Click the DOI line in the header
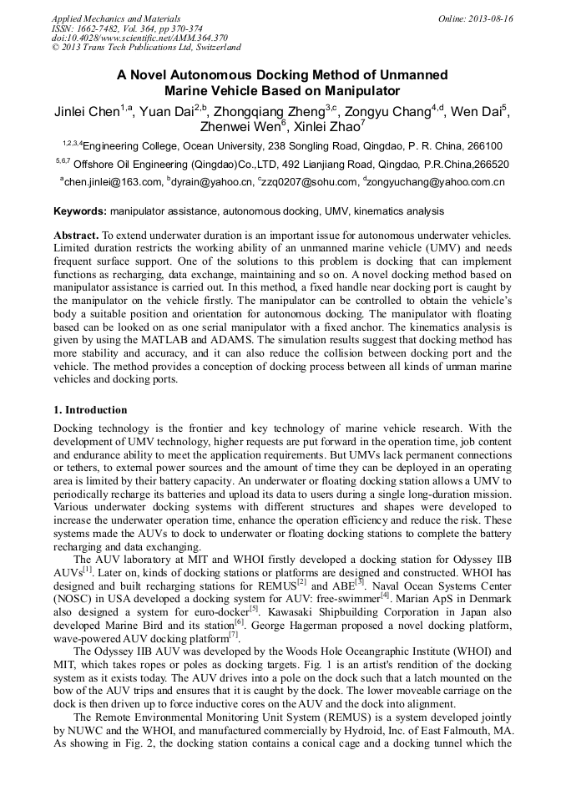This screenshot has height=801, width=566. click(139, 38)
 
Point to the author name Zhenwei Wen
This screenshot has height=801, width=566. click(239, 128)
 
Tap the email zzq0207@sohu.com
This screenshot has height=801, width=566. click(308, 181)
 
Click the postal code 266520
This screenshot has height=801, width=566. click(488, 165)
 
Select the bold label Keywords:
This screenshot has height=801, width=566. click(80, 212)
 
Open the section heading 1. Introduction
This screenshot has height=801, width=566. click(90, 410)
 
